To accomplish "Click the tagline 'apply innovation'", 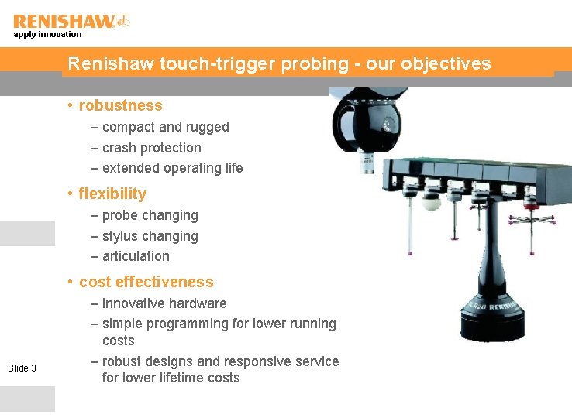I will pyautogui.click(x=47, y=34).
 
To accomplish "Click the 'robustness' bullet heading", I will pyautogui.click(x=120, y=105).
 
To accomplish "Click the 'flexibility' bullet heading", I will pyautogui.click(x=112, y=194).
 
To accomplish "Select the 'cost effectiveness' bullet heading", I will pyautogui.click(x=146, y=282).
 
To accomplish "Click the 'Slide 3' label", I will pyautogui.click(x=22, y=368).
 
